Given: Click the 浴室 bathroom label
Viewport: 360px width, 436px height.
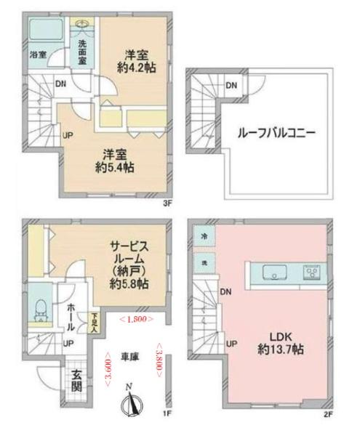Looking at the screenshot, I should (x=39, y=54).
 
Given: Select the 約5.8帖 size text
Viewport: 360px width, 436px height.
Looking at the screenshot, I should (x=132, y=283).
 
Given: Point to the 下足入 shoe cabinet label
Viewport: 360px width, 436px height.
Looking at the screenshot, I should (x=95, y=320).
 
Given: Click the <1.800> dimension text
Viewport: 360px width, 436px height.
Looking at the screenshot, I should (x=135, y=319).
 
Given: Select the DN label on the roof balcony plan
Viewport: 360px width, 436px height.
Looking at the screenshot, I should (x=230, y=86).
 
